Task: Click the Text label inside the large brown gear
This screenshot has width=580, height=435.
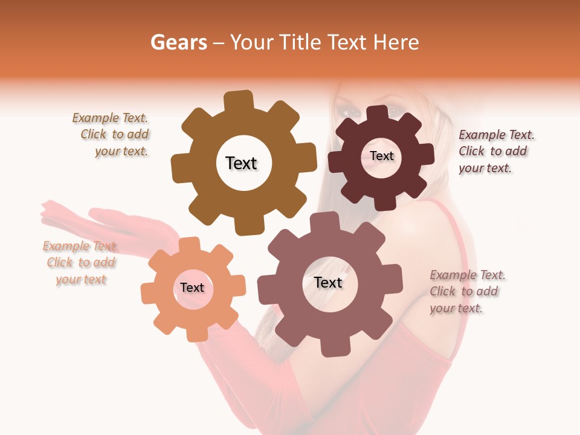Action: (x=241, y=163)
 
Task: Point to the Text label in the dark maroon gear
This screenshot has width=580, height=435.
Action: (x=382, y=156)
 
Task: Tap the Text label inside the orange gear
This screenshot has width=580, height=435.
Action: (x=192, y=288)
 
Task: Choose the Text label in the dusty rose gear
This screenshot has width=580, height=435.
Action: (x=328, y=282)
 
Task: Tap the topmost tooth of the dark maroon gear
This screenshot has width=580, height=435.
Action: (x=378, y=114)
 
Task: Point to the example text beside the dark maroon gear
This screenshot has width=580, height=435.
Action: (x=495, y=152)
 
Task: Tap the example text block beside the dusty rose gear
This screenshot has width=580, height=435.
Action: (x=466, y=292)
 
